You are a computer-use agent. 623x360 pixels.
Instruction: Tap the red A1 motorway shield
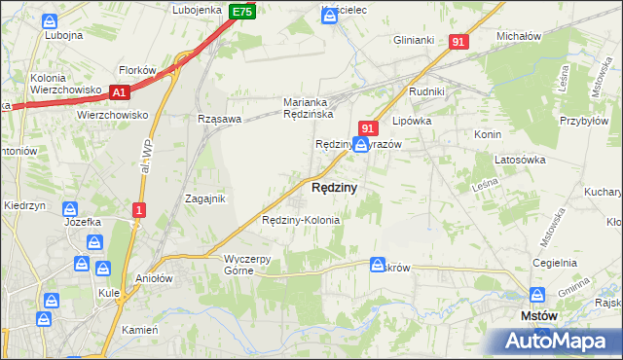[x=120, y=92]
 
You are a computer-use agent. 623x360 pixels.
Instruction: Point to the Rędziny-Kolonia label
[x=301, y=220]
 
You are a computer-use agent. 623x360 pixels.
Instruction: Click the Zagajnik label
[x=205, y=198]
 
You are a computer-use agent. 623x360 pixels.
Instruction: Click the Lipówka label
[x=410, y=124]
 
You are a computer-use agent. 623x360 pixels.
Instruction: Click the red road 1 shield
[x=140, y=209]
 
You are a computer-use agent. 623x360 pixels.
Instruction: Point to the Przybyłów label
[x=582, y=109]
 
